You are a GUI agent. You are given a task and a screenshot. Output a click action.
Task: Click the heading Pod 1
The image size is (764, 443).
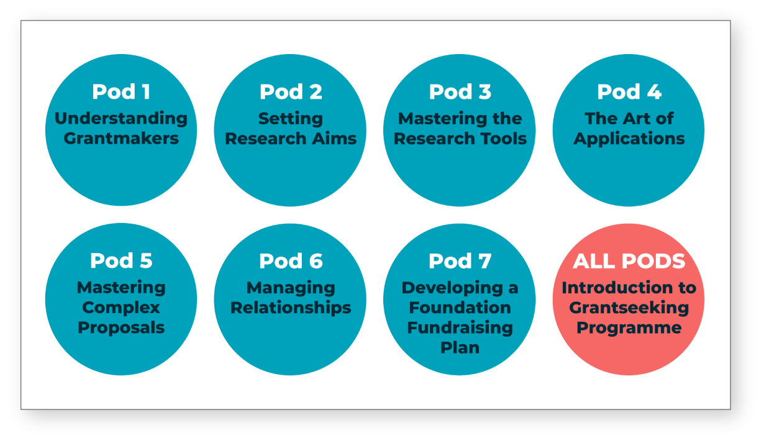tap(121, 91)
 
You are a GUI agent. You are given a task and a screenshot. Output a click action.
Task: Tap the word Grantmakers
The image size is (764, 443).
tap(121, 138)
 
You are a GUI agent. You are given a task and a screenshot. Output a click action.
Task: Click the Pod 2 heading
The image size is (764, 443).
tap(291, 91)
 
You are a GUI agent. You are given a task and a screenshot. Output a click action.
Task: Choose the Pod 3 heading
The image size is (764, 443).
tap(460, 91)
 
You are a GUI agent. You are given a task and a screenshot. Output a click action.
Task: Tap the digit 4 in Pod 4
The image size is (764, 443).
tap(654, 91)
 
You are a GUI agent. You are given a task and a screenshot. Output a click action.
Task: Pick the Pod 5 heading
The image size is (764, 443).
tap(121, 261)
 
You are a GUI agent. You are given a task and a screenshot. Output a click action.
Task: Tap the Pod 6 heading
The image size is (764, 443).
tap(291, 261)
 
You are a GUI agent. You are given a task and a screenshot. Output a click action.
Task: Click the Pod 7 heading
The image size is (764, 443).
tap(460, 261)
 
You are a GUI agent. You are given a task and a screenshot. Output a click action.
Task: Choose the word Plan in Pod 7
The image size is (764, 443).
tap(460, 348)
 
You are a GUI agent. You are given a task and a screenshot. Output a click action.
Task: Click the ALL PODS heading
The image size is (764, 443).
tap(629, 261)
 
